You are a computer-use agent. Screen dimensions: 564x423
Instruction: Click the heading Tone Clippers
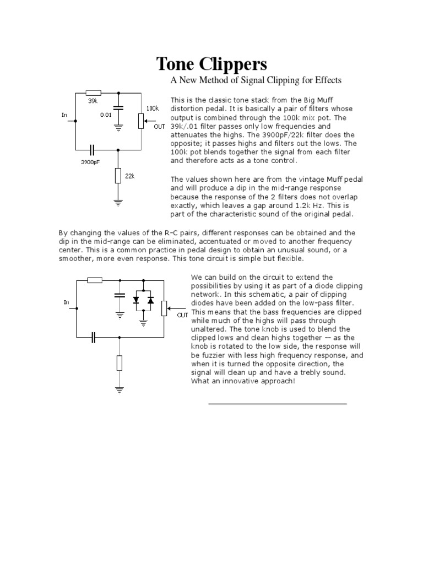[x=212, y=63]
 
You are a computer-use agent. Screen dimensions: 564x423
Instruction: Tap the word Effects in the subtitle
[x=327, y=80]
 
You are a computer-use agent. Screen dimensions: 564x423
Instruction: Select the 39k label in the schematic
[x=93, y=101]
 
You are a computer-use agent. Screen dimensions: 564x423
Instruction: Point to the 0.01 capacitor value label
[x=105, y=115]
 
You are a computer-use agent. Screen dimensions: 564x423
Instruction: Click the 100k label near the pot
[x=152, y=109]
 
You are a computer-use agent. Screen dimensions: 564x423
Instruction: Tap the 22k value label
[x=130, y=176]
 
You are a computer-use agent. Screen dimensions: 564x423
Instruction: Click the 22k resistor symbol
[x=118, y=176]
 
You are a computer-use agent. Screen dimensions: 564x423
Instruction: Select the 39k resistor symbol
[x=94, y=93]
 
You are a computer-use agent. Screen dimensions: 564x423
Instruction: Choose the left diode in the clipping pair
[x=135, y=300]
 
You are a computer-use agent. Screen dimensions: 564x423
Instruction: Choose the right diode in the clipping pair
[x=151, y=300]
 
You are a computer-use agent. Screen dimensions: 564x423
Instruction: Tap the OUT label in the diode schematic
[x=183, y=315]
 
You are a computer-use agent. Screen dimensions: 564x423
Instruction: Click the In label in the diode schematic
[x=66, y=302]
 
